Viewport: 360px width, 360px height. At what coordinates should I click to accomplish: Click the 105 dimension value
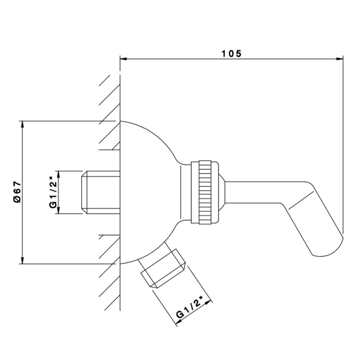(231, 53)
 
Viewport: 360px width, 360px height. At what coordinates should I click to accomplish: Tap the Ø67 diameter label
(17, 192)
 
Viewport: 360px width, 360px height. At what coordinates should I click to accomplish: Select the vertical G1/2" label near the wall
(53, 192)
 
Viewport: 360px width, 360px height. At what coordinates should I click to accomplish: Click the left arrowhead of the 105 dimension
(123, 59)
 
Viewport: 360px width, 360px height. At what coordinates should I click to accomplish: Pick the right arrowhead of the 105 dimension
(339, 59)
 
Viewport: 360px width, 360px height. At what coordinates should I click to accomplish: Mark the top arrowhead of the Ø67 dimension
(22, 124)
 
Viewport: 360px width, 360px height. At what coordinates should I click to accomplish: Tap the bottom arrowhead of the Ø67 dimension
(22, 260)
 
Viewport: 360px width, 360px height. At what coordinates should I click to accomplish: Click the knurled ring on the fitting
(205, 192)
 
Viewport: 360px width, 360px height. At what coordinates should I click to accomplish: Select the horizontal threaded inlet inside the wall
(101, 192)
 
